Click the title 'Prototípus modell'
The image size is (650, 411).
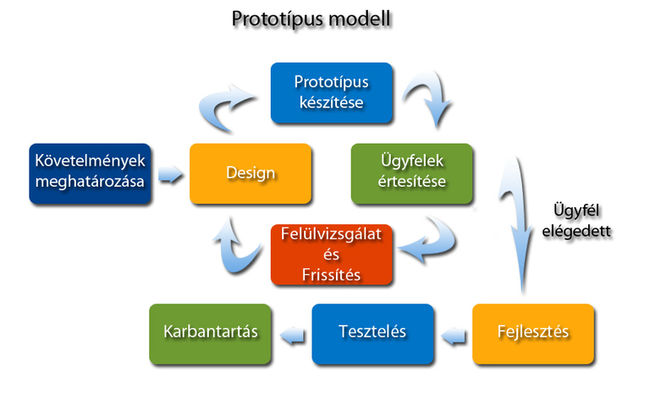(312, 19)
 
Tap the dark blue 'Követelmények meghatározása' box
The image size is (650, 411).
(91, 173)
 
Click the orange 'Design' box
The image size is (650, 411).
(251, 173)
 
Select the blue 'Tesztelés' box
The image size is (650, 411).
(372, 331)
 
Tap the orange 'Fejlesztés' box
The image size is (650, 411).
(532, 331)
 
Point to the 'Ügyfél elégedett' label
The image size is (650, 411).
(581, 217)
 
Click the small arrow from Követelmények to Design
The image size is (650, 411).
(171, 175)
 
